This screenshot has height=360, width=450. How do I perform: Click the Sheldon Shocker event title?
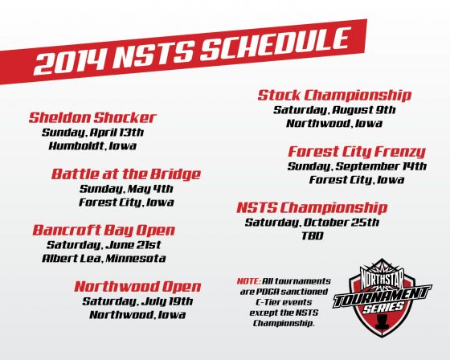tap(92, 117)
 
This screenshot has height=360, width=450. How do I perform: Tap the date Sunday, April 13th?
tap(92, 133)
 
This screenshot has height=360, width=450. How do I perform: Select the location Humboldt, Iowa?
tap(92, 145)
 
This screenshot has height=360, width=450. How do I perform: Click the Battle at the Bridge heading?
tap(126, 174)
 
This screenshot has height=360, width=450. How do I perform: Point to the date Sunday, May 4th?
tap(126, 189)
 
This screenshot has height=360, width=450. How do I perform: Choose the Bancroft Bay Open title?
tap(104, 231)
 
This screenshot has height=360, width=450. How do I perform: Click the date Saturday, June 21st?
tap(104, 245)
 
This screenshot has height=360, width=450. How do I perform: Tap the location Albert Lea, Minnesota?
tap(104, 259)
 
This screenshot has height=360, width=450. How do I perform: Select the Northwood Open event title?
tap(137, 287)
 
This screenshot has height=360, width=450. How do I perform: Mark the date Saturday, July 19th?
tap(137, 301)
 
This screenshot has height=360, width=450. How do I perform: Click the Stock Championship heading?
tap(334, 96)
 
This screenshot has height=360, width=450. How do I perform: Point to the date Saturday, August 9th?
tap(334, 110)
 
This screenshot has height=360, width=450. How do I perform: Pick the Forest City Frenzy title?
tap(357, 152)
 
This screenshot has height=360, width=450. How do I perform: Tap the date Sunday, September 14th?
tap(357, 166)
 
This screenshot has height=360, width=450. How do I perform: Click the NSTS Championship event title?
tap(312, 208)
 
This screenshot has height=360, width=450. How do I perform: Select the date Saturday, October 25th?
tap(312, 223)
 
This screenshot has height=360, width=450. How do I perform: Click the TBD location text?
tap(313, 236)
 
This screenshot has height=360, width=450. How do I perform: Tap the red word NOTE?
tap(249, 281)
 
